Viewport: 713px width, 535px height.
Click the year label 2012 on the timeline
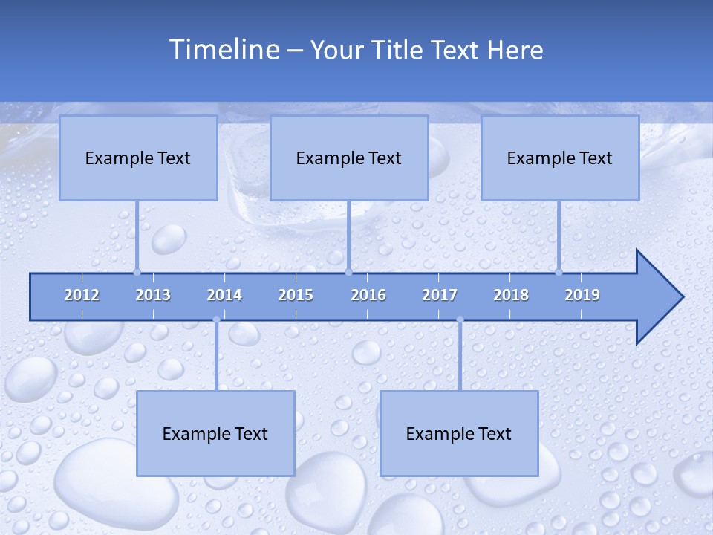click(82, 295)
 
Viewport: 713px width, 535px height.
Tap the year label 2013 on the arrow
click(153, 295)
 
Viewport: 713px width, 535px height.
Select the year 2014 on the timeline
click(224, 295)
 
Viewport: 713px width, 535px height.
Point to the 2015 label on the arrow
click(296, 295)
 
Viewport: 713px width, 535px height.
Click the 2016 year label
click(368, 295)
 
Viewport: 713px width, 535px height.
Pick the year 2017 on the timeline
click(440, 295)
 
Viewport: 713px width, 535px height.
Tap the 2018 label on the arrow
click(511, 295)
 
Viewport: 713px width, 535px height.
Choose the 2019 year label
click(582, 295)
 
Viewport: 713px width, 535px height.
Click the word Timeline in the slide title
click(224, 50)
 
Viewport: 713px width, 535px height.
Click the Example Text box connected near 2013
click(138, 158)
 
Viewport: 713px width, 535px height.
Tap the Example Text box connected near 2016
click(349, 158)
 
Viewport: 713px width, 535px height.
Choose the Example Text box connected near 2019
click(560, 158)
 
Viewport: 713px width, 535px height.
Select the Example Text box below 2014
click(215, 433)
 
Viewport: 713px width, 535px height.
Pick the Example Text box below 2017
click(459, 433)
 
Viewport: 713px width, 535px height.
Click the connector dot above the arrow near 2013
click(137, 272)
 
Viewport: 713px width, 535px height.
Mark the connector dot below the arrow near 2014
click(216, 320)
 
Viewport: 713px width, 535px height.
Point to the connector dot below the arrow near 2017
click(460, 320)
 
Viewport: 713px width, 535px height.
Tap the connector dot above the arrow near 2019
click(559, 272)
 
